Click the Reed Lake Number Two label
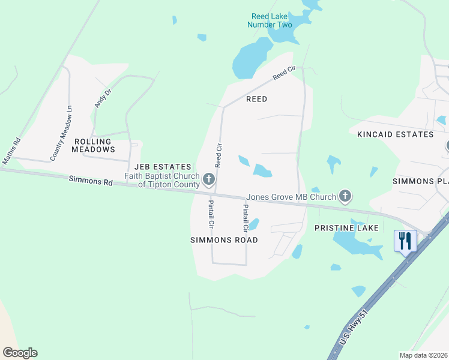tap(270, 20)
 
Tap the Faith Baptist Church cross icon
tap(209, 179)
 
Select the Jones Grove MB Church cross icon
tap(345, 196)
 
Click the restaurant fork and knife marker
tap(405, 241)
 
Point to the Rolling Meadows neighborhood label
tap(94, 145)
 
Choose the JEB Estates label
tap(163, 167)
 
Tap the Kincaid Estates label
tap(395, 134)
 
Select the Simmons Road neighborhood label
tap(224, 240)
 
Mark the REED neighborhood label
tap(256, 98)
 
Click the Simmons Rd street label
tap(91, 180)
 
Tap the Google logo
tap(20, 353)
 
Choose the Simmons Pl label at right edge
tap(420, 181)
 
